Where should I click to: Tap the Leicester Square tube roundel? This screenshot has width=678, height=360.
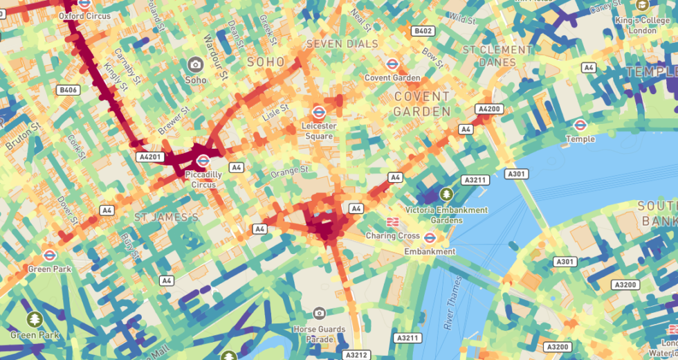tap(319, 111)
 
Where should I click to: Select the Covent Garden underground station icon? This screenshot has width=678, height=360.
tap(392, 64)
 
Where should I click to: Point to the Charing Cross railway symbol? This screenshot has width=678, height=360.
tap(392, 222)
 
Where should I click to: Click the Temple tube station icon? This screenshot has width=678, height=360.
tap(580, 125)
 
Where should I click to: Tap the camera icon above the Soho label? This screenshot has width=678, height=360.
tap(195, 64)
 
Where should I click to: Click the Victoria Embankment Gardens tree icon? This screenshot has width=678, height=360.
tap(446, 194)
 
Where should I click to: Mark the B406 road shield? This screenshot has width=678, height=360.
tap(68, 90)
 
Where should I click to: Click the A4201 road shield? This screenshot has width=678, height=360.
tap(149, 157)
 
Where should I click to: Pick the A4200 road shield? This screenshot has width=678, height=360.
tap(488, 109)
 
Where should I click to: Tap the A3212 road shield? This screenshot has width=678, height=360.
tap(357, 354)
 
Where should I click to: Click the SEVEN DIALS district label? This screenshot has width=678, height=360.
tap(342, 44)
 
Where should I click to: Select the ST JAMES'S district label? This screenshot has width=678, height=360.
tap(166, 217)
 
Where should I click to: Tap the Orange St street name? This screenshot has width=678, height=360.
tap(289, 170)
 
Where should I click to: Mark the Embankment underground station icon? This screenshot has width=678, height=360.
tap(430, 237)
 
